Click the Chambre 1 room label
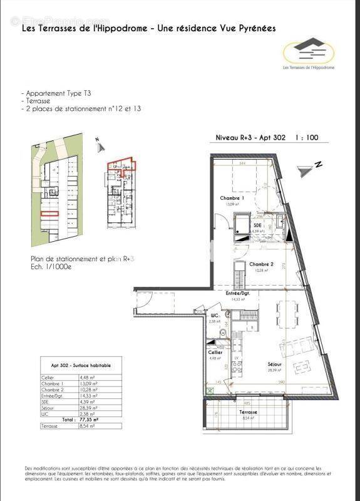pos(232,198)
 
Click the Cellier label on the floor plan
pos(216,353)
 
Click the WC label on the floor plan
pos(213,315)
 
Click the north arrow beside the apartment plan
pos(307,168)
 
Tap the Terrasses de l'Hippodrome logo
pos(307,53)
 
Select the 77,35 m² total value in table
pos(89,419)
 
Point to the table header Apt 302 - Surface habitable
pos(74,365)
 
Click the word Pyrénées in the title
pos(254,28)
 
